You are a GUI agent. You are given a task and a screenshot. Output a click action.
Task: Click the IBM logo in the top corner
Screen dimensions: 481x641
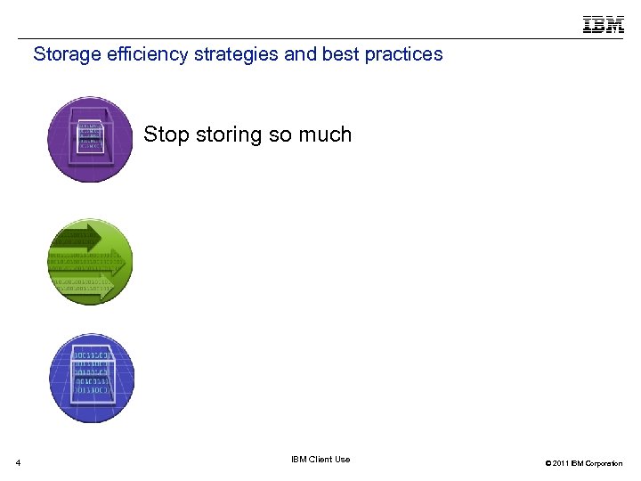click(x=603, y=24)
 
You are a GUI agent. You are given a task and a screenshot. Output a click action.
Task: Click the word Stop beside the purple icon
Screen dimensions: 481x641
click(x=166, y=135)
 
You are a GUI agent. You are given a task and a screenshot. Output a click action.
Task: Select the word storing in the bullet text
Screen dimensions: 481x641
click(x=229, y=135)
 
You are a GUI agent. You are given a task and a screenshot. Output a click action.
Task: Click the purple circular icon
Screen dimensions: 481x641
click(x=89, y=140)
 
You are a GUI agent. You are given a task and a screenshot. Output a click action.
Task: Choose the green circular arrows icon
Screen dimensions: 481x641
click(x=89, y=261)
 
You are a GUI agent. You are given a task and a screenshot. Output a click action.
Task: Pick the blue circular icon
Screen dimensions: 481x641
click(x=89, y=379)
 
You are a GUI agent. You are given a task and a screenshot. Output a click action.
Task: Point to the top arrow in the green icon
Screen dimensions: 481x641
click(x=76, y=236)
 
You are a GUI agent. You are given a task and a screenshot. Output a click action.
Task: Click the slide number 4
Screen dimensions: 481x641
click(x=18, y=462)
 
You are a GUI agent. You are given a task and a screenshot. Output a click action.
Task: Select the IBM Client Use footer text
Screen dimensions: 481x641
click(x=320, y=460)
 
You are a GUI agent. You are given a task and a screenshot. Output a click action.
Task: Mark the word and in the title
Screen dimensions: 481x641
click(x=298, y=54)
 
